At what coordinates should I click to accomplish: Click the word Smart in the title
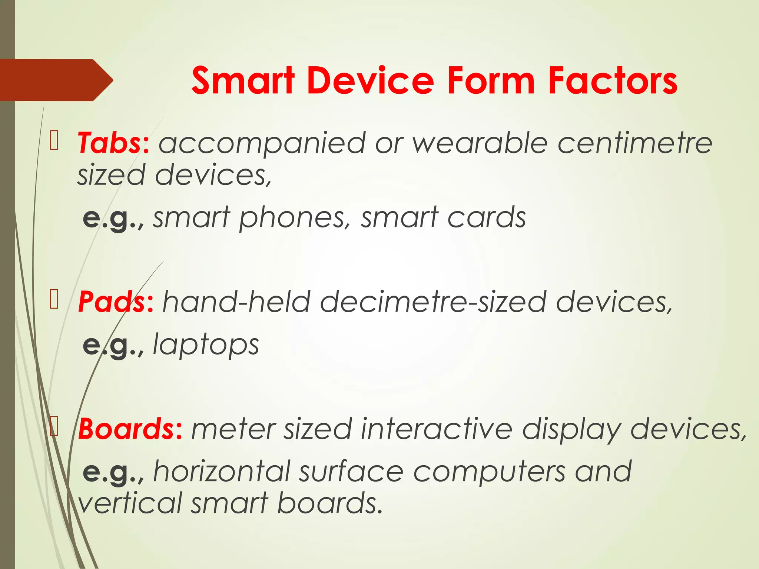click(243, 80)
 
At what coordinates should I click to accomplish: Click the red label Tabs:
click(113, 143)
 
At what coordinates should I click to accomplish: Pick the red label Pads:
click(115, 302)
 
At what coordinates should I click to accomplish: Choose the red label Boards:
click(130, 429)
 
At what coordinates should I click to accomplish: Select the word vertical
click(130, 503)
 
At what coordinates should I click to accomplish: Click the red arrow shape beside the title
click(56, 80)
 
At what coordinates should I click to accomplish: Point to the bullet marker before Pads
click(54, 300)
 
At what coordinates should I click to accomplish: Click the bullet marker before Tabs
click(54, 141)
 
